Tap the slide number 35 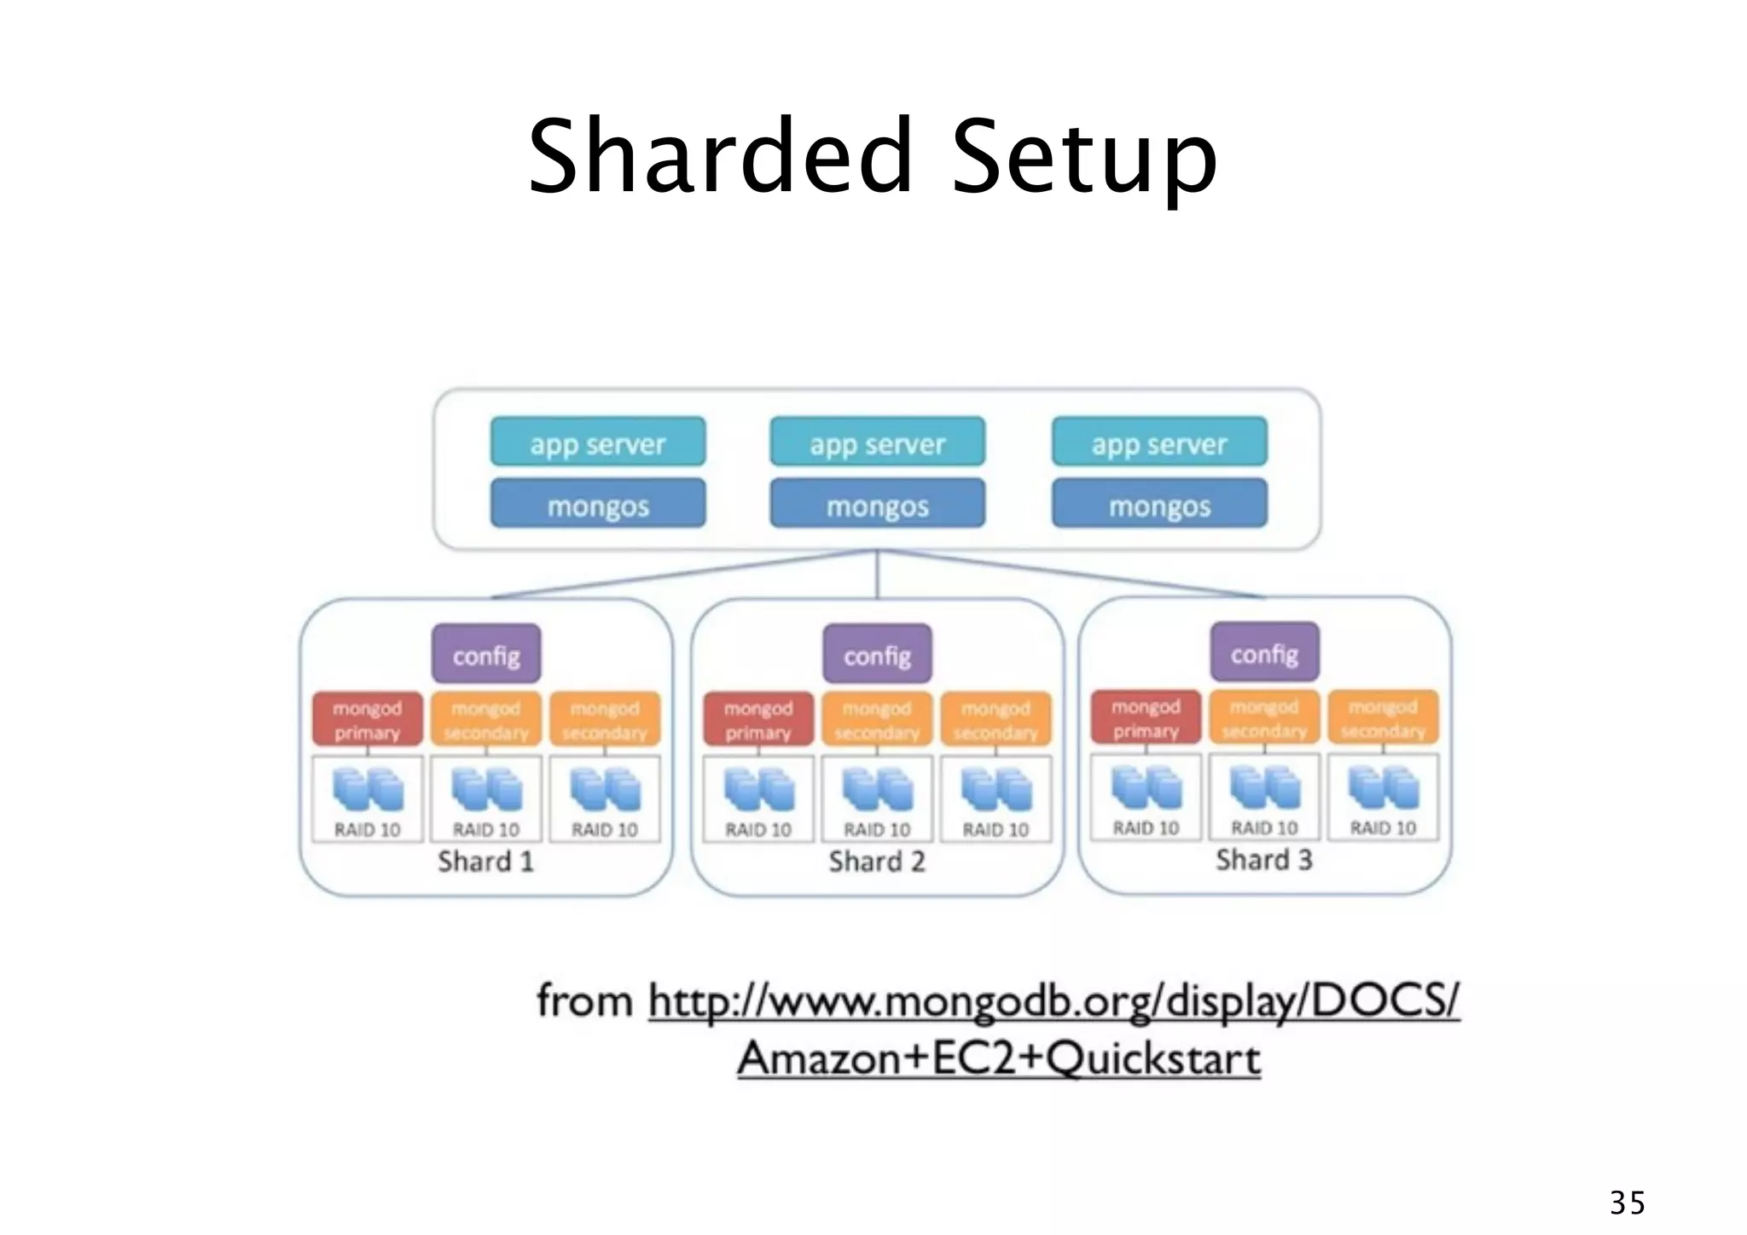tap(1627, 1203)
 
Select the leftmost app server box tap(597, 443)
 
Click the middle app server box tap(877, 443)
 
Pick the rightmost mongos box tap(1159, 505)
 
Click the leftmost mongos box tap(597, 505)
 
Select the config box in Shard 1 tap(486, 655)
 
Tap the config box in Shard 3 tap(1264, 653)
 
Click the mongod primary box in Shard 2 tap(758, 720)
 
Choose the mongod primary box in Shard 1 tap(367, 720)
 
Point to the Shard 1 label tap(485, 861)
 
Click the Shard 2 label tap(877, 861)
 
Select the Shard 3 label tap(1263, 860)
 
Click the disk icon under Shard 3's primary tap(1146, 786)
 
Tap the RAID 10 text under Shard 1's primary tap(367, 830)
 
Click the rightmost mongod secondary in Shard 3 tap(1383, 718)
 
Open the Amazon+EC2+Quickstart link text tap(998, 1059)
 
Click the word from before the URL tap(585, 1000)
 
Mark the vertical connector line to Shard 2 tap(877, 574)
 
